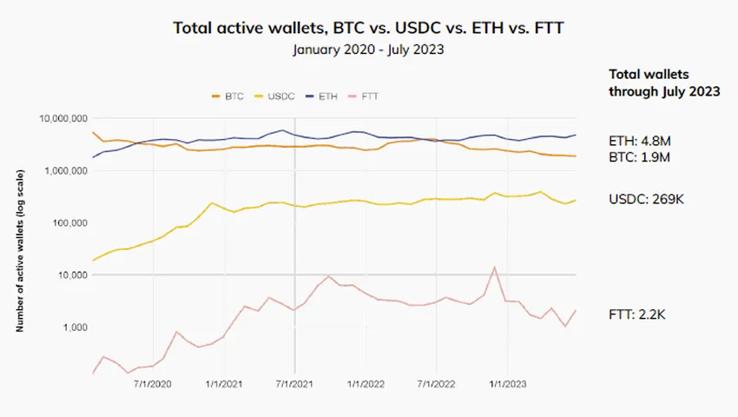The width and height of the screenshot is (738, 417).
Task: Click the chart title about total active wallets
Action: [x=368, y=27]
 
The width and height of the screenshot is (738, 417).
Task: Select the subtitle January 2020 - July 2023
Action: [x=368, y=50]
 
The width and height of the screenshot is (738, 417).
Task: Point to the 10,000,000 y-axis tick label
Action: [x=63, y=118]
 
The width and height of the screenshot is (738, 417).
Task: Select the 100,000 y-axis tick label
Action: [x=69, y=223]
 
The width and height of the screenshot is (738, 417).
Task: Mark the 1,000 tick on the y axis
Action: [x=74, y=328]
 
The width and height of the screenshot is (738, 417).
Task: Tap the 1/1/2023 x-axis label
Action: [x=507, y=383]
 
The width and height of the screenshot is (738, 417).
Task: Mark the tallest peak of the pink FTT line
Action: [x=494, y=268]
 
